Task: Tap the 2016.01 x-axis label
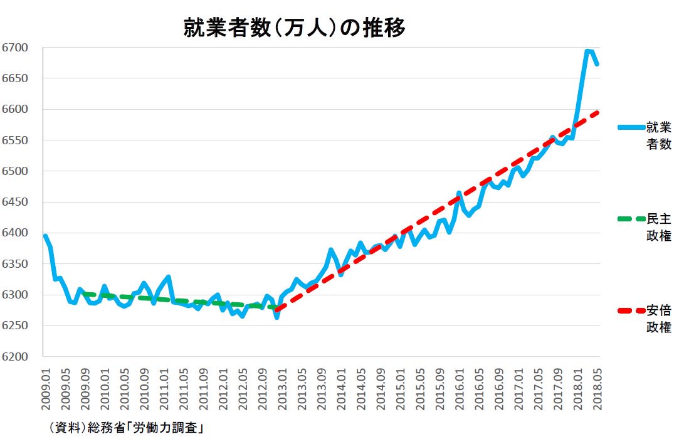point(460,391)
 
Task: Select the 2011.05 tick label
point(183,391)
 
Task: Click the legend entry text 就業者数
point(659,135)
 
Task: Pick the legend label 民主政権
point(659,227)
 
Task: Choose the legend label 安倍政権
point(659,319)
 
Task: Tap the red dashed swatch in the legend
point(631,310)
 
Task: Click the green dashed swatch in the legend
point(631,219)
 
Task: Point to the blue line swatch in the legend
point(631,127)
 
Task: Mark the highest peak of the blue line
point(587,51)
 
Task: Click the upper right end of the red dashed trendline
point(599,112)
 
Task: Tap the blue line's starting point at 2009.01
point(45,236)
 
